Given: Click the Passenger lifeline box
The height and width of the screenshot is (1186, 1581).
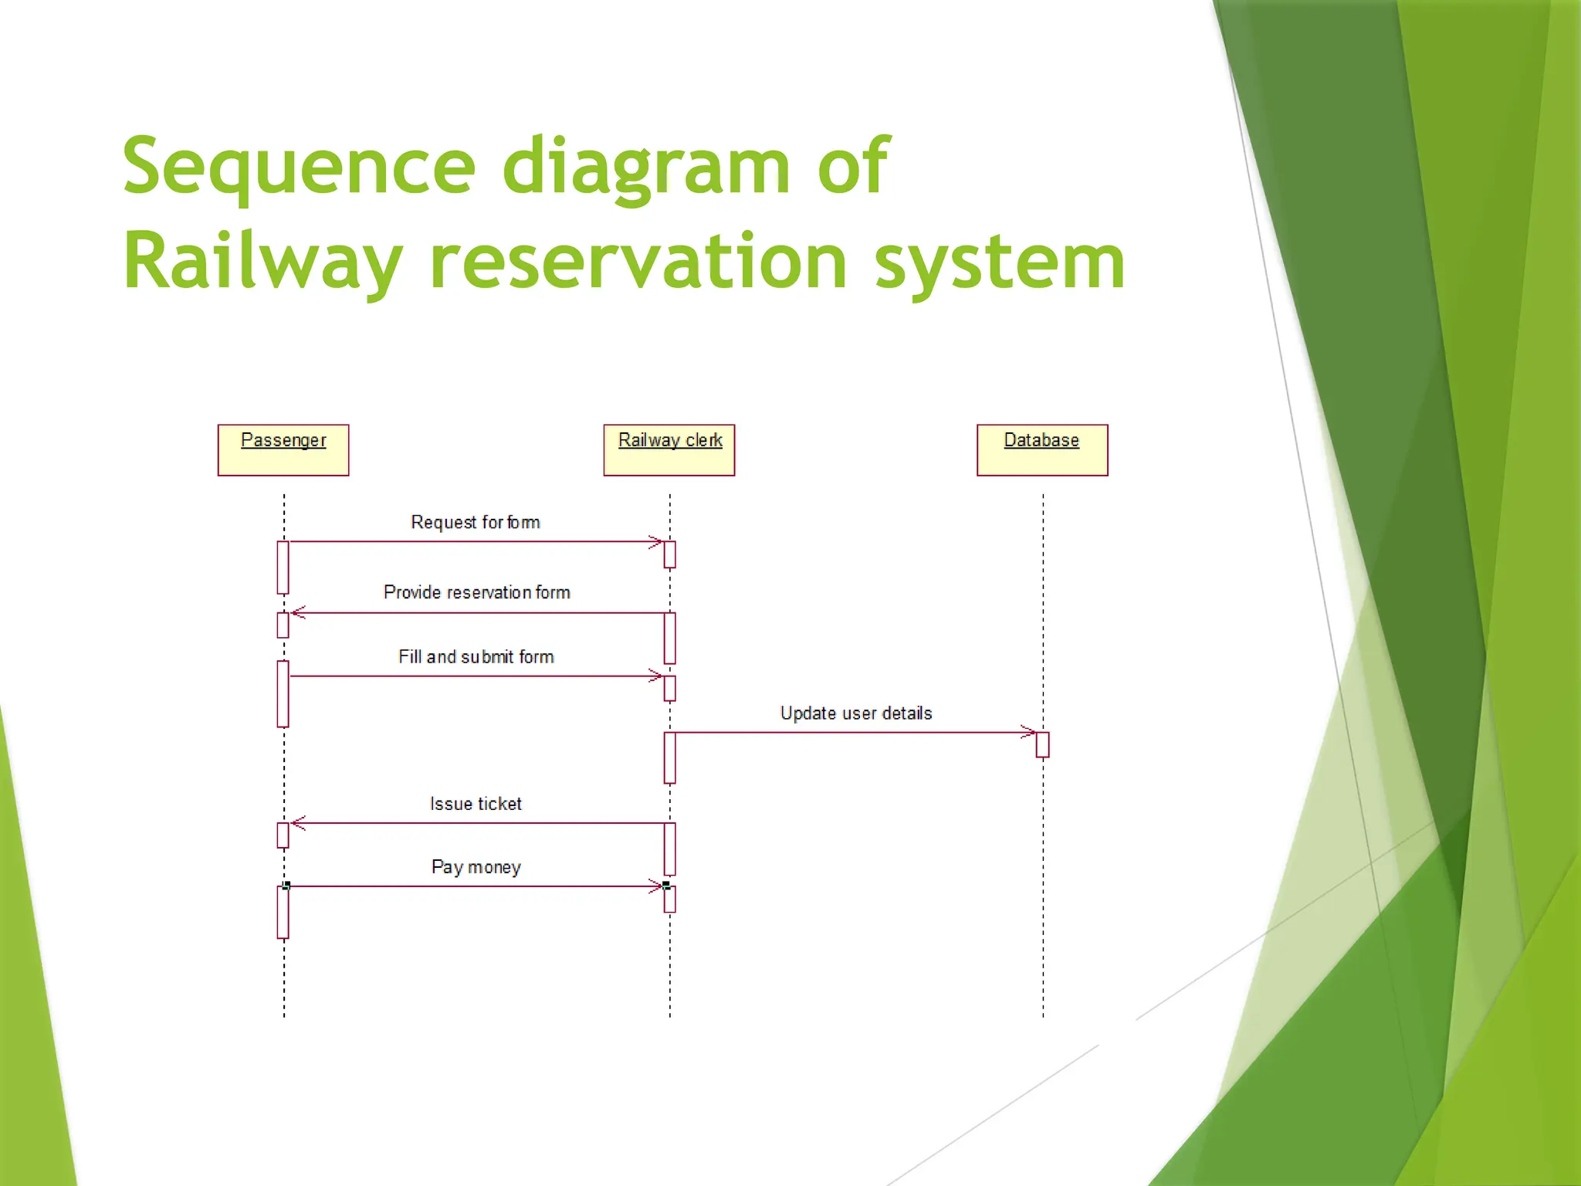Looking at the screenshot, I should click(283, 449).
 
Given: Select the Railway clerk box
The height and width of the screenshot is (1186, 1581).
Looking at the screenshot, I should click(669, 449).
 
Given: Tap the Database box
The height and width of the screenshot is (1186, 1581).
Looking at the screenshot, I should click(1042, 449).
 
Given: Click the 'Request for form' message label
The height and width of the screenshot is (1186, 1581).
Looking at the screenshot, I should click(475, 522).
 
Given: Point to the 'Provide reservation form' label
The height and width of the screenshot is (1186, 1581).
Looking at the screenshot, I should click(476, 592).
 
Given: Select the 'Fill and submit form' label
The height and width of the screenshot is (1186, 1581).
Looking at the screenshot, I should click(476, 656).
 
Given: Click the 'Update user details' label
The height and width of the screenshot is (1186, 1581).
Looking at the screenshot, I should click(855, 713).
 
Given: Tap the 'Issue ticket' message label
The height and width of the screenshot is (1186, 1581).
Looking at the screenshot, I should click(476, 804).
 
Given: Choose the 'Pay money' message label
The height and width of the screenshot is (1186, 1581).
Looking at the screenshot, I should click(476, 867).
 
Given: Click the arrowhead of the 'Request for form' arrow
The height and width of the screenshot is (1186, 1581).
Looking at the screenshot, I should click(656, 542).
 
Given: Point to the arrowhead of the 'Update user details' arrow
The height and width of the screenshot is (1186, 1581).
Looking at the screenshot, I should click(1028, 732).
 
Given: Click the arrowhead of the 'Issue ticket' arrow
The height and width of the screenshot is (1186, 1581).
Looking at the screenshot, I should click(299, 823).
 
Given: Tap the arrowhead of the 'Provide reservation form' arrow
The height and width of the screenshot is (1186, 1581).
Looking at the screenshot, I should click(299, 612).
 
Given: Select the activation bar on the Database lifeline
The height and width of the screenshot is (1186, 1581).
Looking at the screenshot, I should click(1042, 745).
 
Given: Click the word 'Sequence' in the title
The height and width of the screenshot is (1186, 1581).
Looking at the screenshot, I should click(299, 166).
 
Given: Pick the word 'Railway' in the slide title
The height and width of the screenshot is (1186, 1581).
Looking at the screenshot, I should click(262, 262).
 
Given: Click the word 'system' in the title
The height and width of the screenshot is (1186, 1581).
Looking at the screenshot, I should click(1000, 262).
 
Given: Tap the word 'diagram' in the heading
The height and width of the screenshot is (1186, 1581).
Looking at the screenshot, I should click(646, 166).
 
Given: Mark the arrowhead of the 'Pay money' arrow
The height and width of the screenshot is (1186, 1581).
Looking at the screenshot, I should click(656, 886).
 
